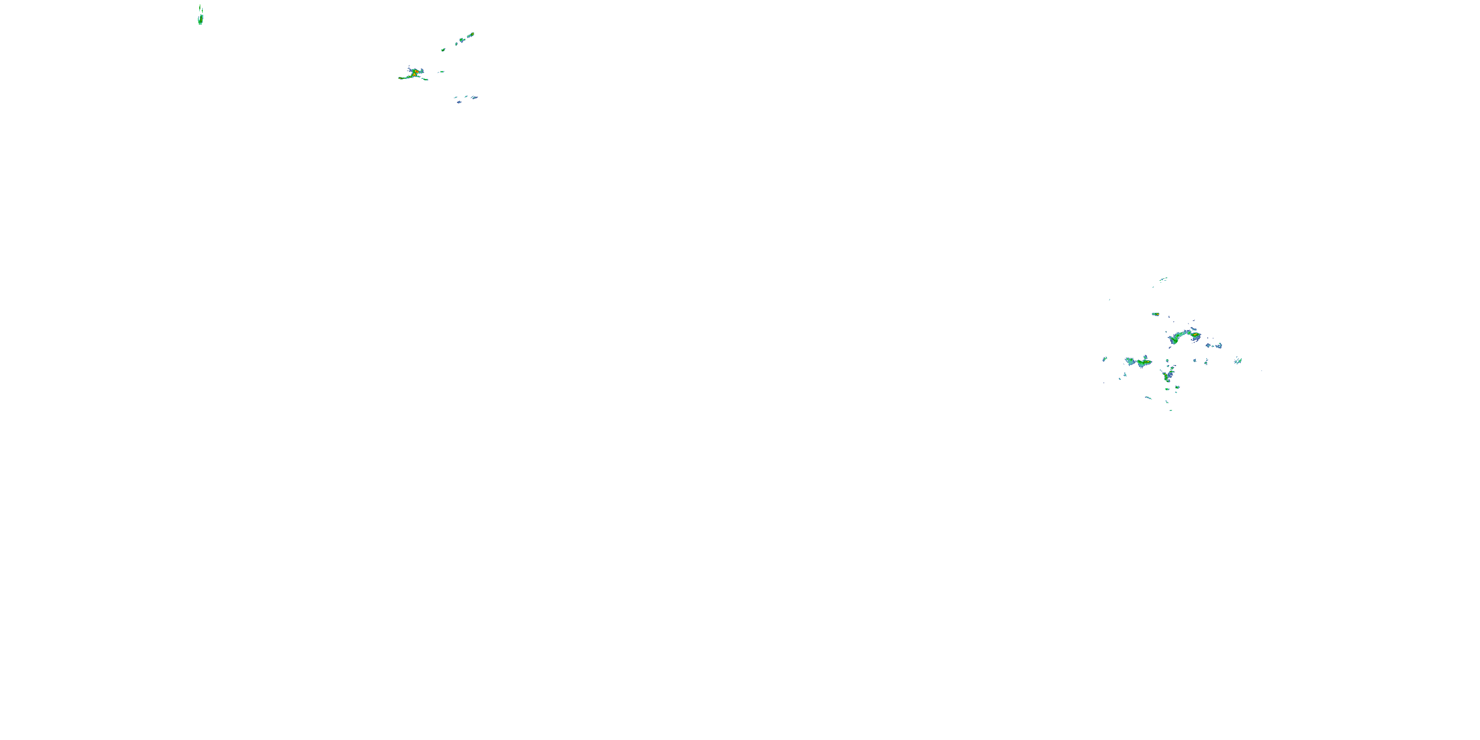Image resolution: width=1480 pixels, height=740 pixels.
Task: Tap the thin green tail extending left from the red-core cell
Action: [x=403, y=77]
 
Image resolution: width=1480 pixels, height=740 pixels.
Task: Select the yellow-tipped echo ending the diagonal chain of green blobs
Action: [x=471, y=35]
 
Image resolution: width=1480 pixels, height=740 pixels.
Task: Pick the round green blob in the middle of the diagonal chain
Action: [x=461, y=40]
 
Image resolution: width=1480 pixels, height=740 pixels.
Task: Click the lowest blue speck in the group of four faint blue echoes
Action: [x=458, y=102]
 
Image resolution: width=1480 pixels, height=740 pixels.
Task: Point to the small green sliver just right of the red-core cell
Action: [x=441, y=72]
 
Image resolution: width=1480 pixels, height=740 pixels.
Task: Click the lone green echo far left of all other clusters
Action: [x=200, y=20]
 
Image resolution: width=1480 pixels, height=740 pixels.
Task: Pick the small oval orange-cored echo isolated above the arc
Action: [x=1155, y=314]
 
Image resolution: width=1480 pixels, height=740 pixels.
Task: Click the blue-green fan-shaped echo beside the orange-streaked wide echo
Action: [x=1130, y=362]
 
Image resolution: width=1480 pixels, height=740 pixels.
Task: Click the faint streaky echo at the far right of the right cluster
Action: [x=1238, y=360]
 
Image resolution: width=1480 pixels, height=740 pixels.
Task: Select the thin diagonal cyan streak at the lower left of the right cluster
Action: [x=1148, y=398]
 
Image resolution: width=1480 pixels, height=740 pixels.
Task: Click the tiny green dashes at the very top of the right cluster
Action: [x=1163, y=280]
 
